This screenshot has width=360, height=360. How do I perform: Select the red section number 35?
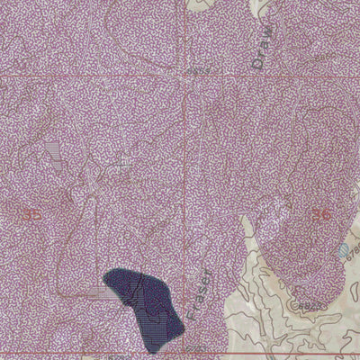coord(34,213)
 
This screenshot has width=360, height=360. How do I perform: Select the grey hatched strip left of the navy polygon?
coord(98,292)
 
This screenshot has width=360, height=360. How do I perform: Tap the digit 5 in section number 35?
coord(39,213)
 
